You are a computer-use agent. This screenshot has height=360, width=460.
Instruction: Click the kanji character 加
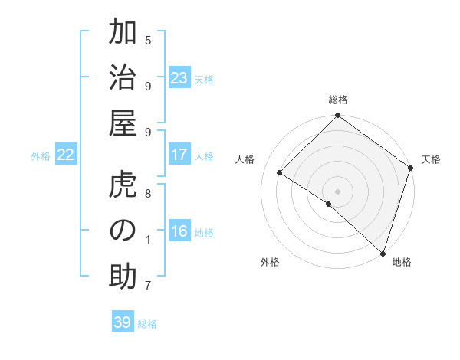tap(123, 34)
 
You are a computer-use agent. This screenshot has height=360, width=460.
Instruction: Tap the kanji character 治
tap(123, 80)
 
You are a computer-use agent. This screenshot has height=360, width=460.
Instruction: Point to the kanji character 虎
tap(123, 187)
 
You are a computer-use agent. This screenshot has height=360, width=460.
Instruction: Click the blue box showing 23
tap(179, 79)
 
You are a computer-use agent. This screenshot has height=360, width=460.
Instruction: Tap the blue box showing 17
tap(179, 155)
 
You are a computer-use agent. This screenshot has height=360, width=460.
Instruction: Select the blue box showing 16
tap(179, 232)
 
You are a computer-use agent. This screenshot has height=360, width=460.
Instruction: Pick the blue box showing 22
tap(65, 155)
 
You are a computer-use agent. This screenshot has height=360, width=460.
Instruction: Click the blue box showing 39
tap(122, 322)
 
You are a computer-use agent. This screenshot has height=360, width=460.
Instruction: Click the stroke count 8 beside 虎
tap(148, 194)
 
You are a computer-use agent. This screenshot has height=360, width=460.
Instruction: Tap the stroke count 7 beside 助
tap(148, 286)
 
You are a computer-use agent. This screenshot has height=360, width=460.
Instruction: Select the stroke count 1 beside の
tap(148, 240)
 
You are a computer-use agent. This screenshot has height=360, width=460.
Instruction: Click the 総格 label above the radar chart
tap(337, 100)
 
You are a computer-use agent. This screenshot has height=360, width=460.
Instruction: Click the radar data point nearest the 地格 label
tap(383, 253)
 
